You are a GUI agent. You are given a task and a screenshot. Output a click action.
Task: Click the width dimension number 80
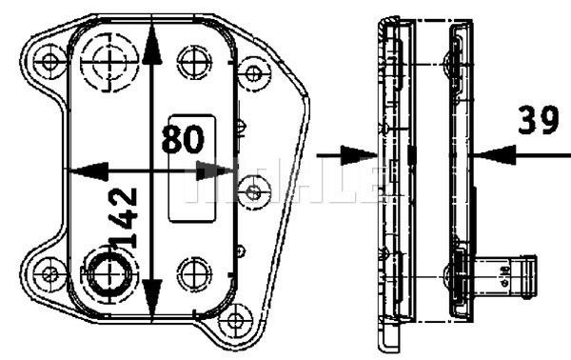pos(182,139)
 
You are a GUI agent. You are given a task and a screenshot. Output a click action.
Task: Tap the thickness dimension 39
pos(538,121)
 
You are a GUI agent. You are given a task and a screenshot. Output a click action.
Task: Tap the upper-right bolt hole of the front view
pos(252,72)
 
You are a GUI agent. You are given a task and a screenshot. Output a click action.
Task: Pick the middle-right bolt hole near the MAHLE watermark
pos(252,192)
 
